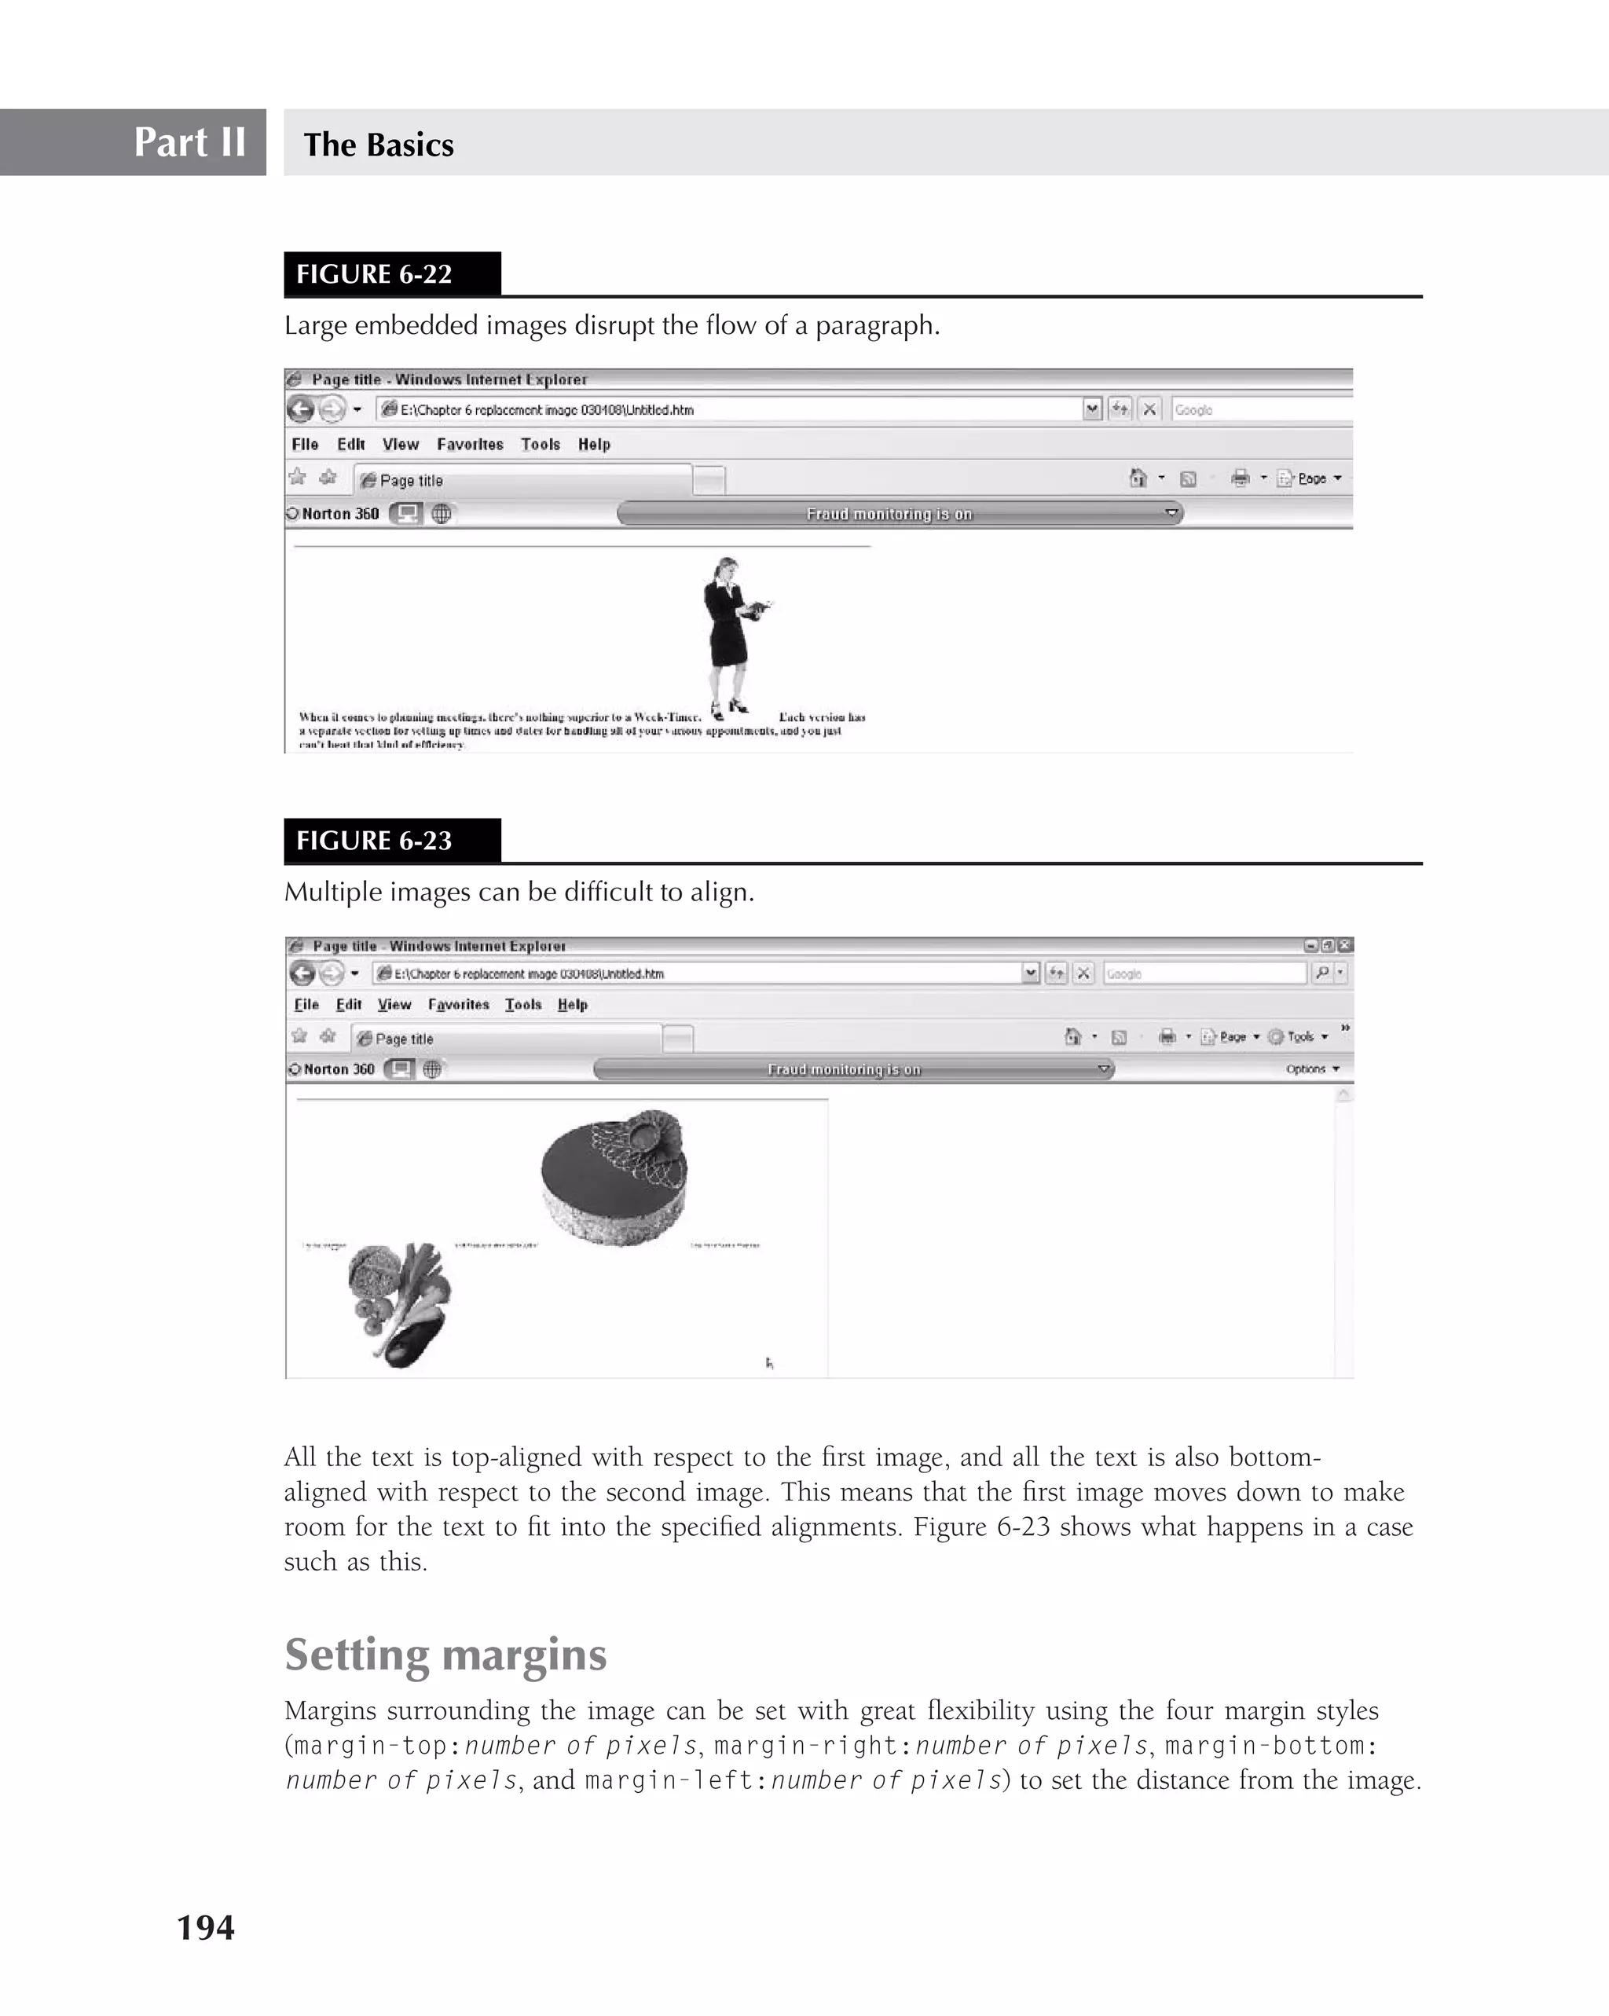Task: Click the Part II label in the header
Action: (x=190, y=142)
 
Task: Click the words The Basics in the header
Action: (x=379, y=145)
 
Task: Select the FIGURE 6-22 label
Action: (x=374, y=274)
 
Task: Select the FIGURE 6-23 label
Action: (x=374, y=841)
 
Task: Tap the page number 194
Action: (x=206, y=1927)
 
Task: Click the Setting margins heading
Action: (x=445, y=1654)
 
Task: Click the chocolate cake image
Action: (x=614, y=1176)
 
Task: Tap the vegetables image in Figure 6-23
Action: (x=400, y=1305)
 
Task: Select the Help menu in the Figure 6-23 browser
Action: (x=572, y=1005)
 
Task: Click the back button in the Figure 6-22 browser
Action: (x=300, y=409)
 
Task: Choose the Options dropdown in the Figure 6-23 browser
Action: (x=1310, y=1068)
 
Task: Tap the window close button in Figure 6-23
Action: (x=1344, y=945)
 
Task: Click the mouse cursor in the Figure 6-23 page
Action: (x=769, y=1364)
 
